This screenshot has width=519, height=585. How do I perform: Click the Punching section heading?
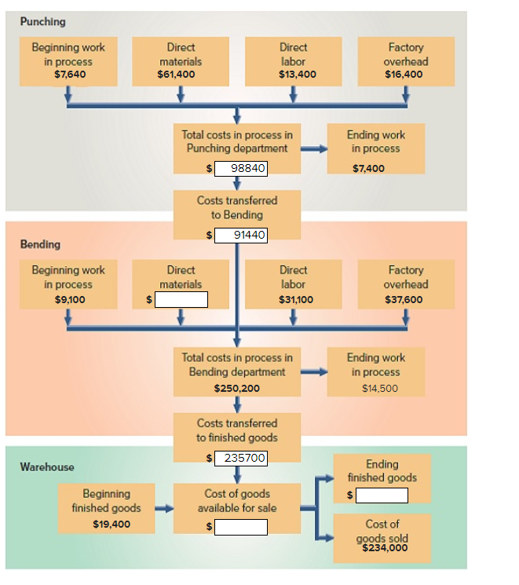(x=43, y=22)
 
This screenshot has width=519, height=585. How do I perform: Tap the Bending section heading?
(x=40, y=244)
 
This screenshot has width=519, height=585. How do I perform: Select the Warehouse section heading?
(x=47, y=466)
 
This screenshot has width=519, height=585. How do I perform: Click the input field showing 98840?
(x=241, y=168)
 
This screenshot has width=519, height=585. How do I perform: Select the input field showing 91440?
(x=241, y=235)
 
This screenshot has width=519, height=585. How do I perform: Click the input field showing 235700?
(x=241, y=458)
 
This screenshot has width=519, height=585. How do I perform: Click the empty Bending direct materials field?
(x=181, y=300)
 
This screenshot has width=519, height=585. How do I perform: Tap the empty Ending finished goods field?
(x=382, y=495)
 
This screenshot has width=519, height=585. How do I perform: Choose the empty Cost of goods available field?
(x=241, y=527)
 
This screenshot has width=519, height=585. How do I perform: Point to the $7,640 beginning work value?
(x=70, y=75)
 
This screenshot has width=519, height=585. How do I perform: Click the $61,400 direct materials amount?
(x=176, y=75)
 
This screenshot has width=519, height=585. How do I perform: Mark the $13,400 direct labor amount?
(x=298, y=75)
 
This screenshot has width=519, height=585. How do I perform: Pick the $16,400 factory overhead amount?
(x=404, y=75)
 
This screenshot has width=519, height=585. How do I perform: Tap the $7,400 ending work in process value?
(x=368, y=168)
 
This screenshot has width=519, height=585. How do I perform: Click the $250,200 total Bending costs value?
(x=237, y=389)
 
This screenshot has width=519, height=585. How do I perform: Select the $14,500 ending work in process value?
(x=380, y=389)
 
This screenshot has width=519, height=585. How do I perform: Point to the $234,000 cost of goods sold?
(x=385, y=547)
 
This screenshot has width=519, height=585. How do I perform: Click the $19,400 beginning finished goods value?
(x=111, y=525)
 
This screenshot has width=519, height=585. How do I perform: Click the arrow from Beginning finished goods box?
(x=164, y=508)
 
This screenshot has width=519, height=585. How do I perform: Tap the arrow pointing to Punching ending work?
(x=314, y=149)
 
